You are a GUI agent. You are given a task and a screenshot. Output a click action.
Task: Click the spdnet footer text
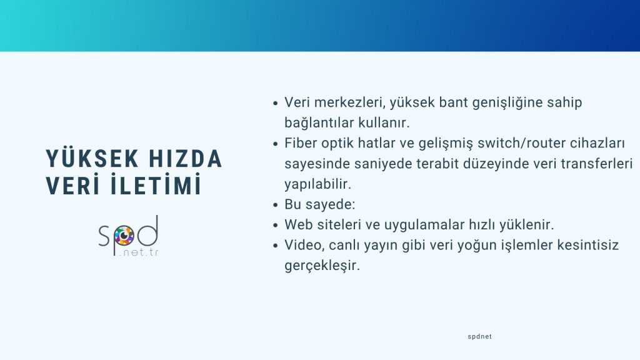pos(479,336)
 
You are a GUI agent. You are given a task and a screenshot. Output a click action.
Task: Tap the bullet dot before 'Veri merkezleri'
pos(276,103)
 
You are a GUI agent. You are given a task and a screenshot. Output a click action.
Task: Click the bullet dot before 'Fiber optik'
pos(276,144)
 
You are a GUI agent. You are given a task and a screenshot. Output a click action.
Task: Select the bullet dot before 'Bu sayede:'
pos(276,205)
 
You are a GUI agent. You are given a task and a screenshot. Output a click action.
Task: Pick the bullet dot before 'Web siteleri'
pos(276,225)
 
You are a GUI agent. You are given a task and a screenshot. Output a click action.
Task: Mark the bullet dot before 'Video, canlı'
pos(276,246)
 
